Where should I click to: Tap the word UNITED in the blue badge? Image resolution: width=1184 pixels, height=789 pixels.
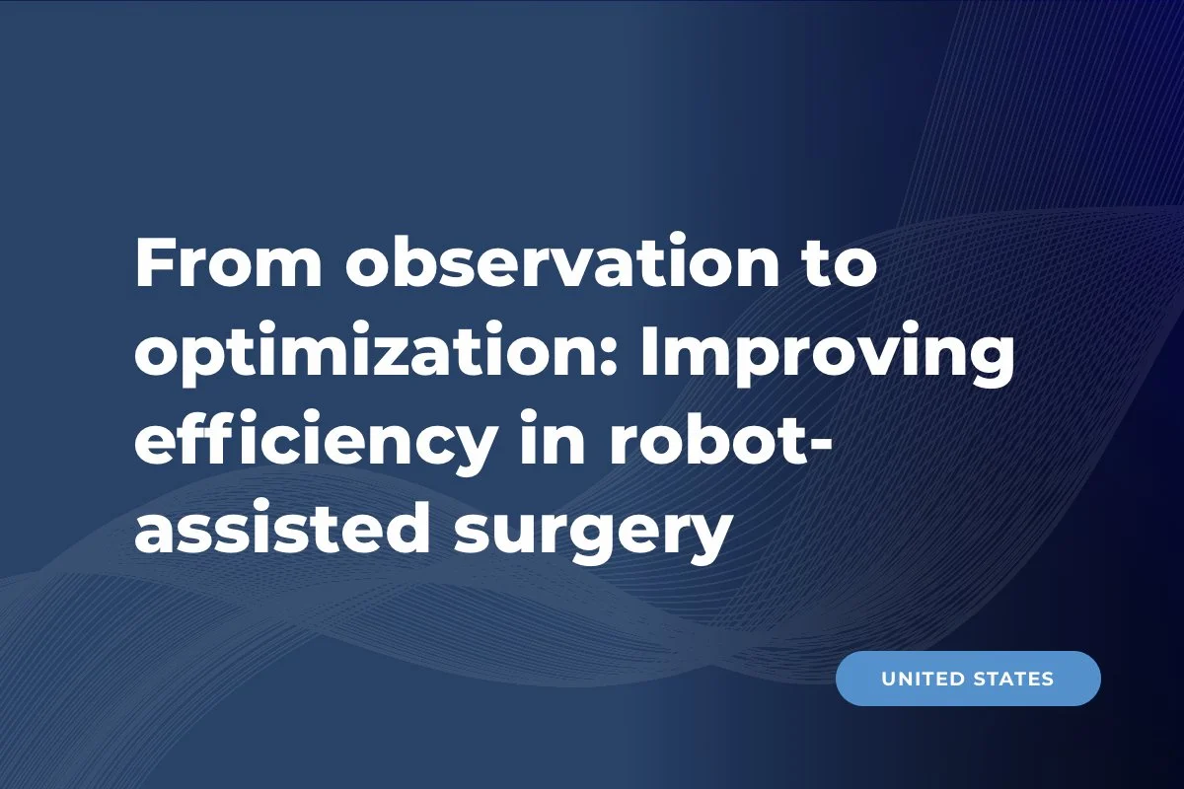click(922, 679)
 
